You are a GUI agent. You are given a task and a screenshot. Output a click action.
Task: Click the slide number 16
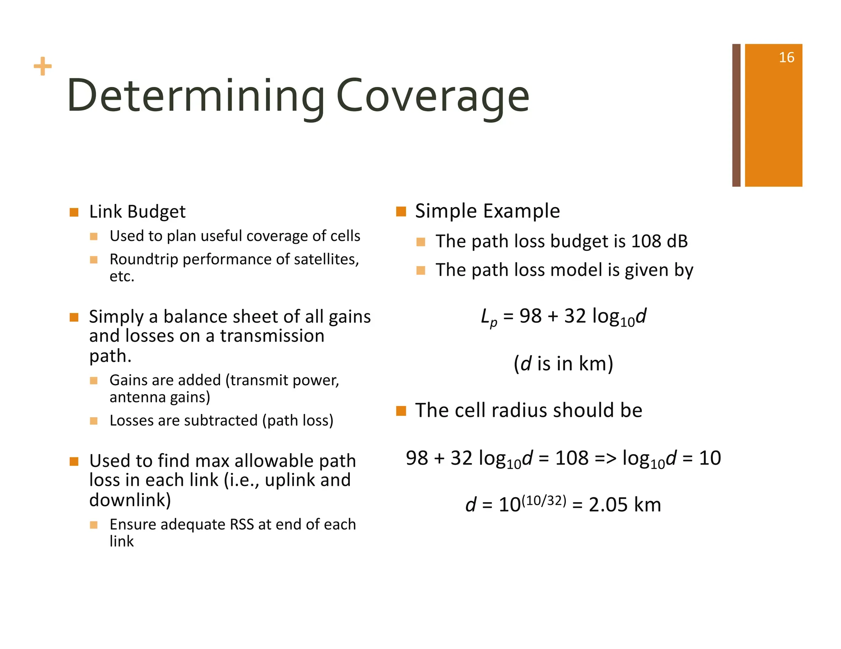[x=786, y=57]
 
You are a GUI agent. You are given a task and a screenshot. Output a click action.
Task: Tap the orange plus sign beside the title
[x=43, y=66]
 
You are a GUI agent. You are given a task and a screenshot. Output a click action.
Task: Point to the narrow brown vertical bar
[x=736, y=115]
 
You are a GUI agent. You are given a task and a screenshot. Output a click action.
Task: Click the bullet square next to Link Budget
[x=74, y=212]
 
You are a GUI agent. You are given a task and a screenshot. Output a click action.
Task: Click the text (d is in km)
[x=563, y=363]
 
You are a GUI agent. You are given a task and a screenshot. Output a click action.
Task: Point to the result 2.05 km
[x=625, y=505]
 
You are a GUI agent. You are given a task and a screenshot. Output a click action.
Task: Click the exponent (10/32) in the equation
[x=543, y=500]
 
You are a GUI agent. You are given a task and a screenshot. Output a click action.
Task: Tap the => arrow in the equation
[x=605, y=458]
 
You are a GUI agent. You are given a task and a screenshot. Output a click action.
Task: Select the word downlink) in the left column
[x=130, y=500]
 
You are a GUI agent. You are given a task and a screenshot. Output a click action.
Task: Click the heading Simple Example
[x=487, y=211]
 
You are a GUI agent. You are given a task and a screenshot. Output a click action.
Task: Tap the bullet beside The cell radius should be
[x=401, y=411]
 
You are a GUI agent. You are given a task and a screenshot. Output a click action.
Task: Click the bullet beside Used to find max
[x=74, y=462]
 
